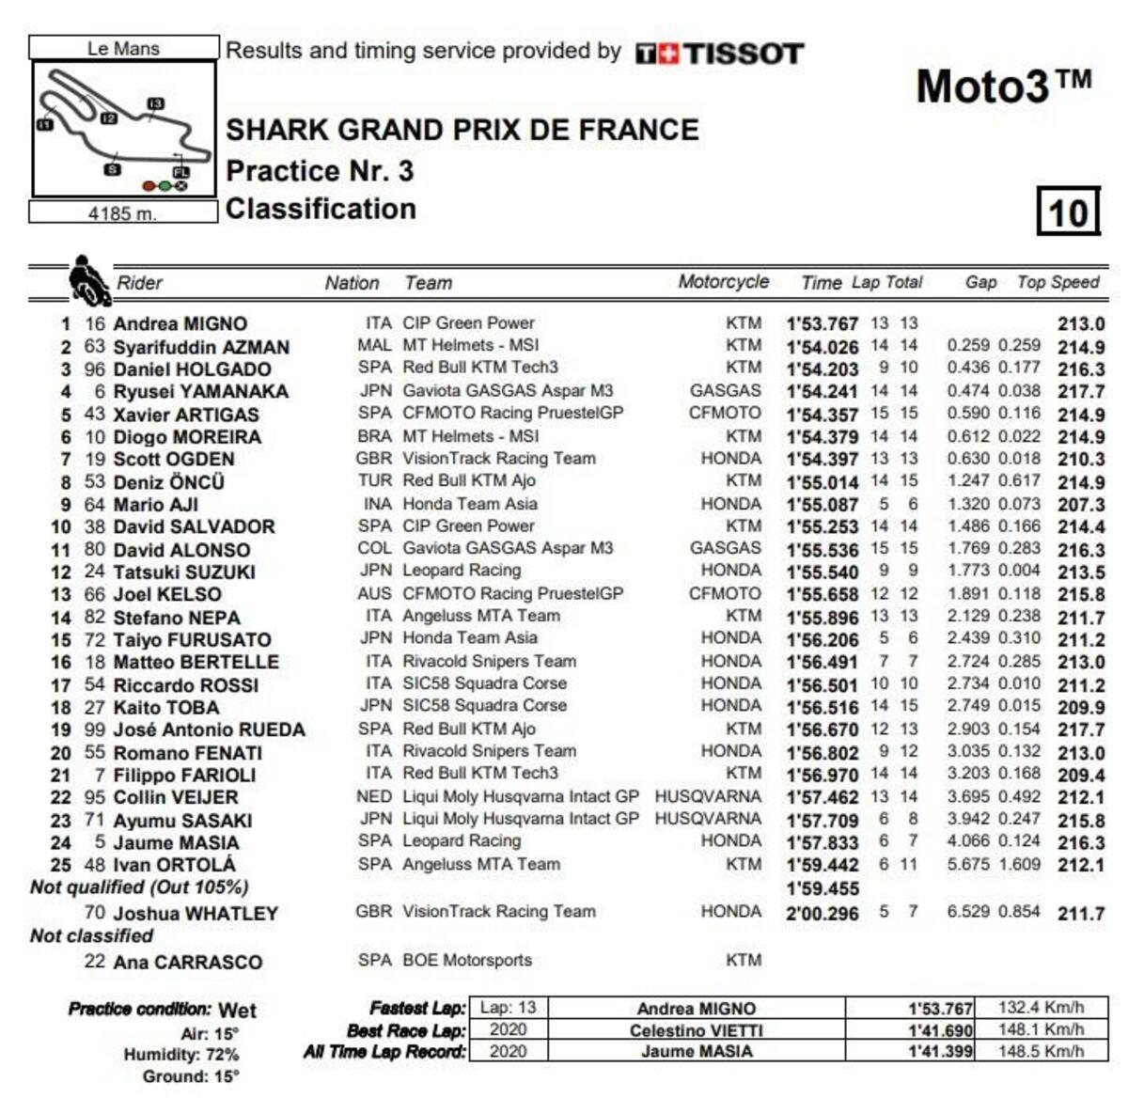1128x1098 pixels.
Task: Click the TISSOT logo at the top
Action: tap(720, 54)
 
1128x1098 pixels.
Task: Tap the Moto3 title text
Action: tap(1003, 86)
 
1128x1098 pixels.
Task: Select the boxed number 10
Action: tap(1068, 212)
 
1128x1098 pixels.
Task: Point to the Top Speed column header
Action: tap(1057, 282)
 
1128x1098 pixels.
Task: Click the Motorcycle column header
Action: tap(723, 282)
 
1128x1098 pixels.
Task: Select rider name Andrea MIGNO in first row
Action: tap(180, 324)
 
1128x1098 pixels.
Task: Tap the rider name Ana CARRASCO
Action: tap(188, 962)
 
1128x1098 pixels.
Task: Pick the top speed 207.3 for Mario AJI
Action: tap(1080, 505)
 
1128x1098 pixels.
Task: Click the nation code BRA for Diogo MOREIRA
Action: tap(374, 436)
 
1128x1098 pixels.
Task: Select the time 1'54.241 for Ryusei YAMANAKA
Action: tap(822, 392)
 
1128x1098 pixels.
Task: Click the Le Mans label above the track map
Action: tap(123, 48)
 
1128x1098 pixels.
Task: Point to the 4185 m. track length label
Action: tap(122, 213)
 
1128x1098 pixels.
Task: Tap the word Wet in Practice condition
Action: tap(237, 1011)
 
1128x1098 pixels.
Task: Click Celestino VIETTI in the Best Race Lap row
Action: tap(696, 1030)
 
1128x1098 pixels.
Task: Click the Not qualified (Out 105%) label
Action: tap(139, 887)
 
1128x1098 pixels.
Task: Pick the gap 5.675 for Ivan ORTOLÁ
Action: tap(967, 864)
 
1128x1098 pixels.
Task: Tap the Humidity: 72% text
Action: tap(180, 1055)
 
